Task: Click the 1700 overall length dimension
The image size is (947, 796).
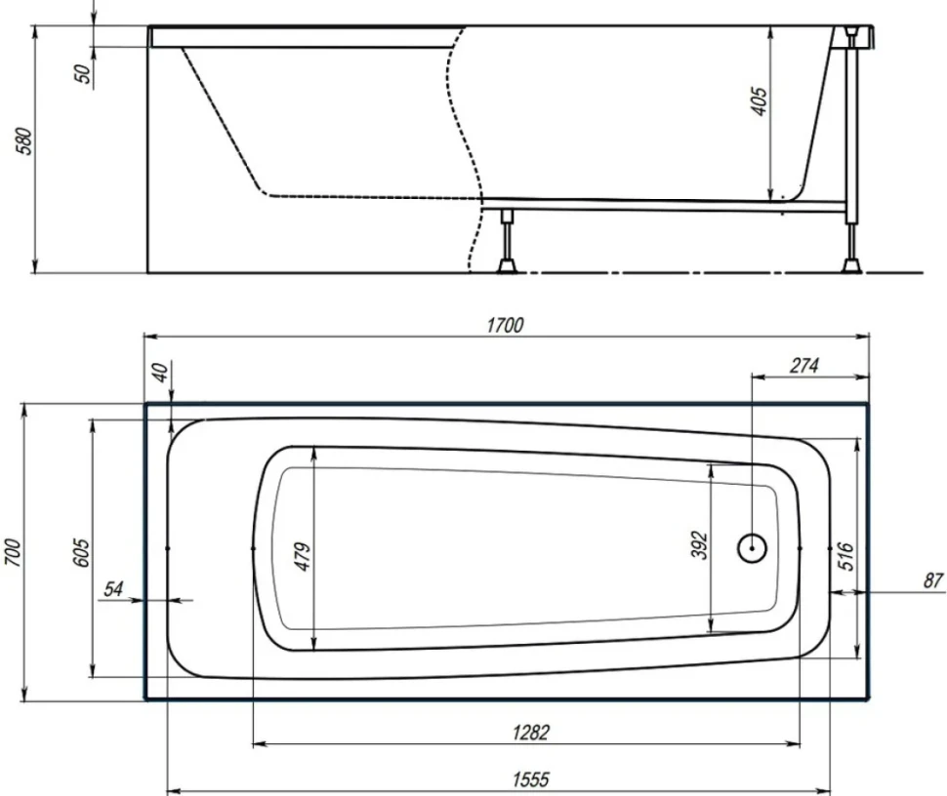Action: coord(505,325)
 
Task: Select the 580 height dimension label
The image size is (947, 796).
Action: coord(25,141)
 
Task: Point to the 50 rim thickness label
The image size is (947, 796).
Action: coord(84,73)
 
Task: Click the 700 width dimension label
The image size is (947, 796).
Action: coord(13,552)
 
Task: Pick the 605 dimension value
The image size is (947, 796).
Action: coord(81,551)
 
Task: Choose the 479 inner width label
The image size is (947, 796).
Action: coord(302,556)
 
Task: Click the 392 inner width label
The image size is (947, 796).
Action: coord(698,545)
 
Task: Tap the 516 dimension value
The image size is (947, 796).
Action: coord(846,556)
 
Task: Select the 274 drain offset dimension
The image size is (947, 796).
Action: coord(803,365)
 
